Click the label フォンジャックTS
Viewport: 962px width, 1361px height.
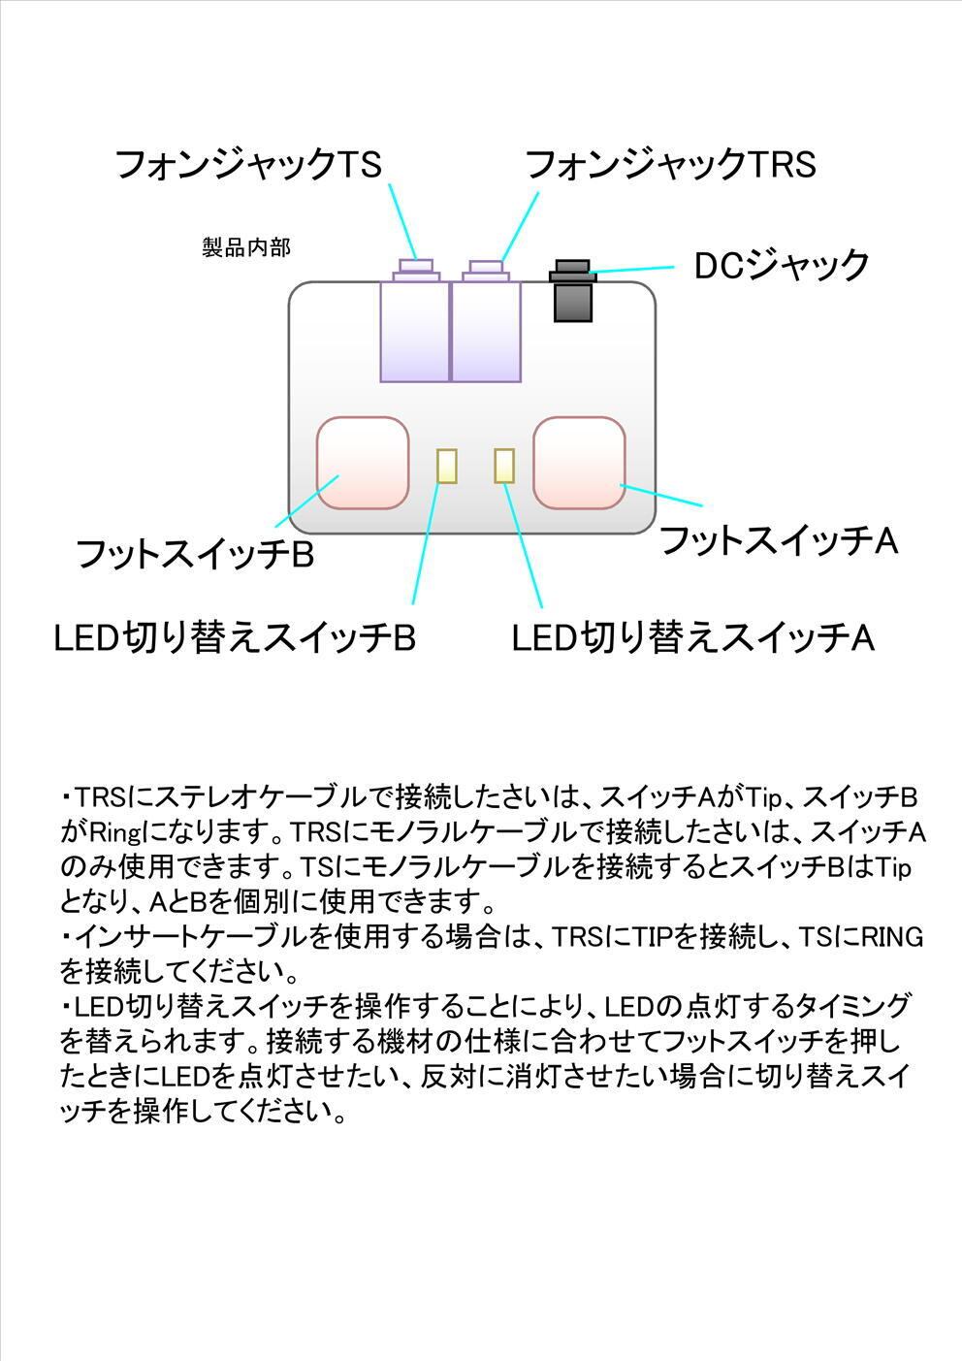click(248, 165)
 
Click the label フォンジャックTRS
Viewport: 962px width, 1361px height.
click(670, 165)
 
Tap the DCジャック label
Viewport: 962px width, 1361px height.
click(782, 265)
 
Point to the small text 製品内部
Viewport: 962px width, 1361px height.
click(246, 247)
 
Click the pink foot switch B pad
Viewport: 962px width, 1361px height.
click(363, 463)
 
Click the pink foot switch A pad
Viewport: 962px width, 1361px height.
click(579, 463)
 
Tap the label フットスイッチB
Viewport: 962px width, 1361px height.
click(195, 556)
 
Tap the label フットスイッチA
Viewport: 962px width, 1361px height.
click(779, 541)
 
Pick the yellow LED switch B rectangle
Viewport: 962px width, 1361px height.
click(446, 466)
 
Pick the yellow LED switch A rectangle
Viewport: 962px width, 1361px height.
click(504, 466)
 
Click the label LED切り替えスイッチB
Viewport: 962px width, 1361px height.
click(235, 638)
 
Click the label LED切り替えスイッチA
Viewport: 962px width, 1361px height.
click(693, 638)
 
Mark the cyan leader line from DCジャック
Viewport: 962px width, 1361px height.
click(632, 269)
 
